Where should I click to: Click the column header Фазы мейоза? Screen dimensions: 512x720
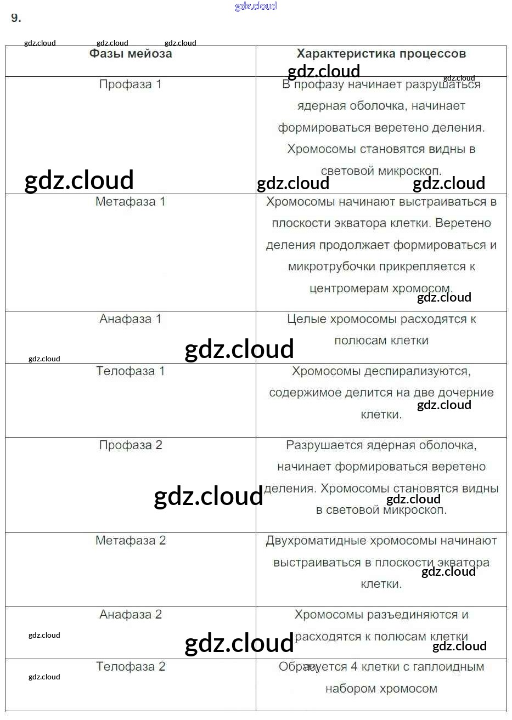[131, 54]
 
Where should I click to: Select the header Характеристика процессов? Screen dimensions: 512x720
[381, 54]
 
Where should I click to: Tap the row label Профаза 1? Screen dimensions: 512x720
[131, 84]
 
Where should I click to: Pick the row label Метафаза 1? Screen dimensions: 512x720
[131, 202]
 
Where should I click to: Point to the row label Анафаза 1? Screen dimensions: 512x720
[131, 319]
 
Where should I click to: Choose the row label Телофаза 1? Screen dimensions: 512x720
[131, 371]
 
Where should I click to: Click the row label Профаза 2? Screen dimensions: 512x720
[131, 445]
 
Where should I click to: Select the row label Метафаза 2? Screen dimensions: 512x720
[131, 541]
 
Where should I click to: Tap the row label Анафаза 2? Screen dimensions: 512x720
[131, 615]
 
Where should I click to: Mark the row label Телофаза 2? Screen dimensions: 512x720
[131, 667]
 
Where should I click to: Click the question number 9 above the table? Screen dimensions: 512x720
[16, 18]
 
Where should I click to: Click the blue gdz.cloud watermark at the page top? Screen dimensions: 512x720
[256, 6]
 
